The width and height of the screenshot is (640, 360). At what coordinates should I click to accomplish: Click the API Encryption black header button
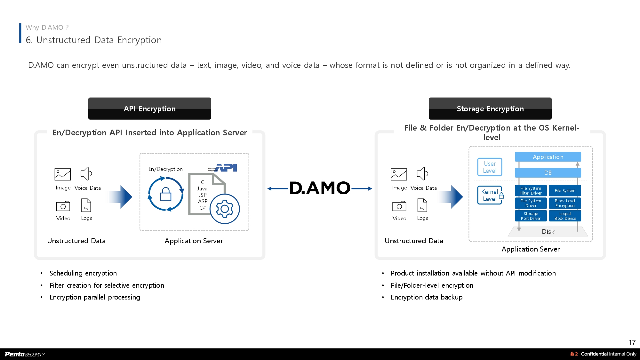[149, 108]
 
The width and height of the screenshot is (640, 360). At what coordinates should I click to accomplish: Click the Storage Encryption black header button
[490, 108]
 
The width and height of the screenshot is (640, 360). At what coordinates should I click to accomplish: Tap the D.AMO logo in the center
[320, 188]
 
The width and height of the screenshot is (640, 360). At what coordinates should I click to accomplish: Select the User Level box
[490, 167]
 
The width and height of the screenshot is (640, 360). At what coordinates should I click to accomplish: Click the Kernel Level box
[489, 195]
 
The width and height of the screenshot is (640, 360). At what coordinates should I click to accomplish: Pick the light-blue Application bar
[548, 157]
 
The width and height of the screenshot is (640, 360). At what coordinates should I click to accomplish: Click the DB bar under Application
[548, 173]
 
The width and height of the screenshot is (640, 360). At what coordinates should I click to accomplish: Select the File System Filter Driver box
[531, 191]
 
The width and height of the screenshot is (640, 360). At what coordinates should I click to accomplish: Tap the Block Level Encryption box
[565, 203]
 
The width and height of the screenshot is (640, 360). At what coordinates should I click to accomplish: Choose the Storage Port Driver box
[531, 216]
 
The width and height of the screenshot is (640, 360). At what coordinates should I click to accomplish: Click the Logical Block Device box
[565, 216]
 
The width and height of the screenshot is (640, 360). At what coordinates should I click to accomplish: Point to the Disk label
[548, 232]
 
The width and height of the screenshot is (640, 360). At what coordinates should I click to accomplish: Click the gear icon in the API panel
[225, 209]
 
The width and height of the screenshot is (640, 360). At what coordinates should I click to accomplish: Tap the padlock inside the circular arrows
[166, 194]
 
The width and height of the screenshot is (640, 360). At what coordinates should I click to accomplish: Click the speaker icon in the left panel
[86, 174]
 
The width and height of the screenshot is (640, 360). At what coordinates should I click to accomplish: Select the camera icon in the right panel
[399, 206]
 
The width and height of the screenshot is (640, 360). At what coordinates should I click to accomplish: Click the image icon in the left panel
[63, 174]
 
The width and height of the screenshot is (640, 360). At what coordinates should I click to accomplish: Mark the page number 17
[632, 342]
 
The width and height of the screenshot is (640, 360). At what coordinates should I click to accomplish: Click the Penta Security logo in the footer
[25, 354]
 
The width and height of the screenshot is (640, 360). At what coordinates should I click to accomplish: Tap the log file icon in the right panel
[422, 205]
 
